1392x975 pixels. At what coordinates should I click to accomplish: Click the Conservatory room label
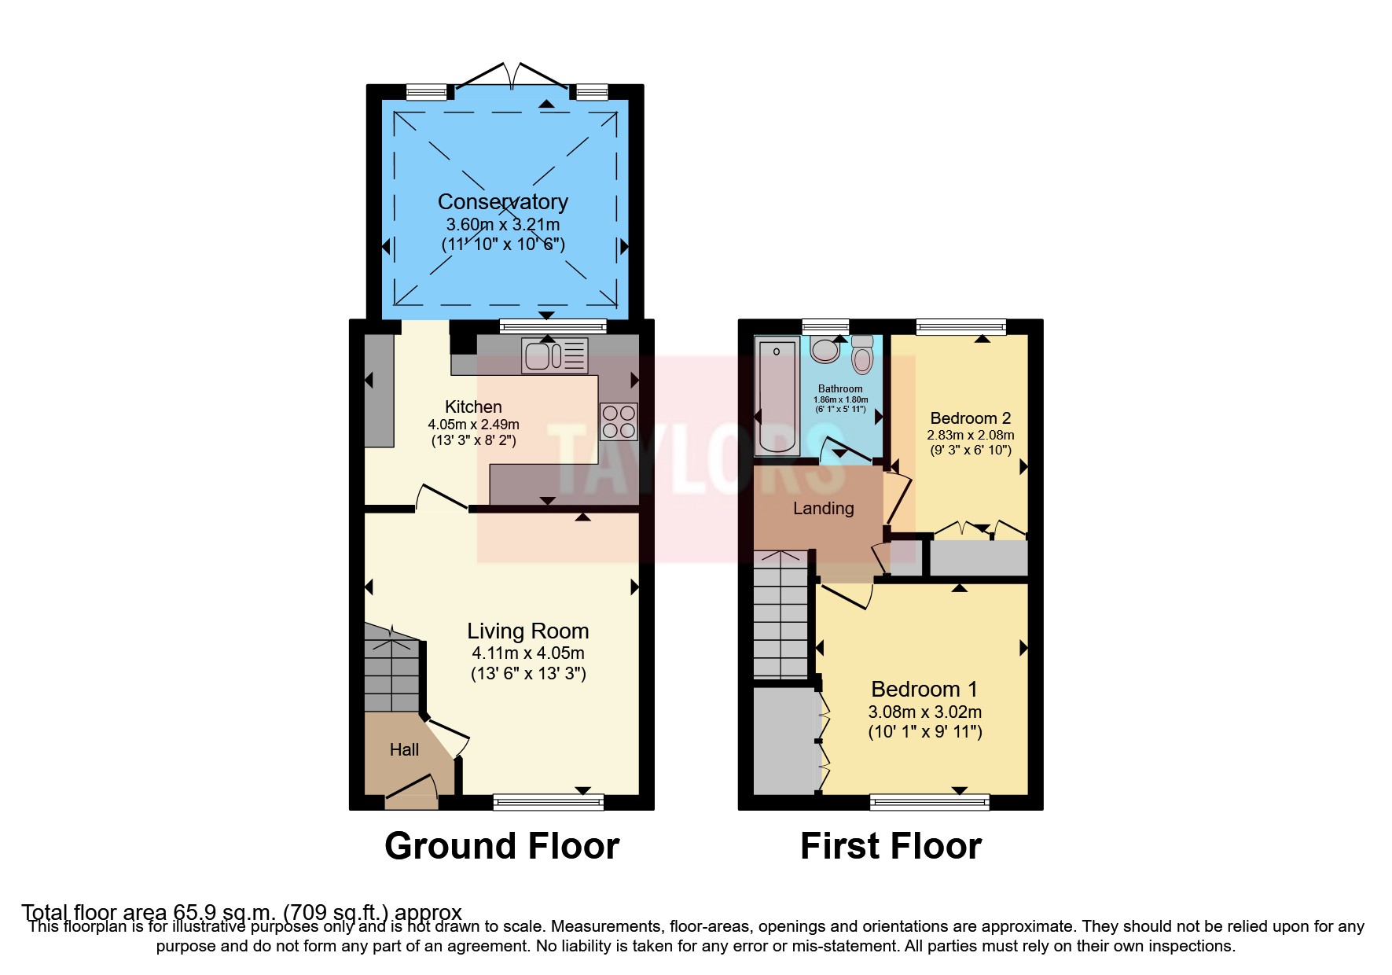pyautogui.click(x=502, y=202)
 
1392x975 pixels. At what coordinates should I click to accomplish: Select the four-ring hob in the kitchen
pyautogui.click(x=618, y=421)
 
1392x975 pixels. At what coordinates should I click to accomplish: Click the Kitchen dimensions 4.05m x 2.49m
pyautogui.click(x=473, y=424)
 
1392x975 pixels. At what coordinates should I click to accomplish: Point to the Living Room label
pyautogui.click(x=527, y=631)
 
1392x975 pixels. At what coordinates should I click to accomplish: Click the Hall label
pyautogui.click(x=404, y=750)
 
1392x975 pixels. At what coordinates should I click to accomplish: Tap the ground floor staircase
pyautogui.click(x=391, y=668)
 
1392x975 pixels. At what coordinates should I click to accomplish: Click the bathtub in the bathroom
pyautogui.click(x=777, y=397)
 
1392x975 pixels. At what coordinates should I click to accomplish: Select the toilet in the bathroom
pyautogui.click(x=862, y=355)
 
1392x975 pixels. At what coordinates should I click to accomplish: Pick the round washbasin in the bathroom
pyautogui.click(x=825, y=350)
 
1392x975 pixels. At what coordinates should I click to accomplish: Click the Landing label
pyautogui.click(x=823, y=509)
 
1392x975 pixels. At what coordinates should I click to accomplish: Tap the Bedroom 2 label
pyautogui.click(x=970, y=418)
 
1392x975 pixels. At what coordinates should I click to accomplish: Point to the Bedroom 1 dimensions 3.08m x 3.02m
pyautogui.click(x=924, y=712)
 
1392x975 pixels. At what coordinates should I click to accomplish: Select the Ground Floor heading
pyautogui.click(x=501, y=847)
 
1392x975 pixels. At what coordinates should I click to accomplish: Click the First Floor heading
pyautogui.click(x=891, y=847)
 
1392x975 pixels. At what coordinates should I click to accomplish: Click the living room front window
pyautogui.click(x=548, y=802)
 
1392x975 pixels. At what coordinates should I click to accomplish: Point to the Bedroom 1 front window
pyautogui.click(x=929, y=802)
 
